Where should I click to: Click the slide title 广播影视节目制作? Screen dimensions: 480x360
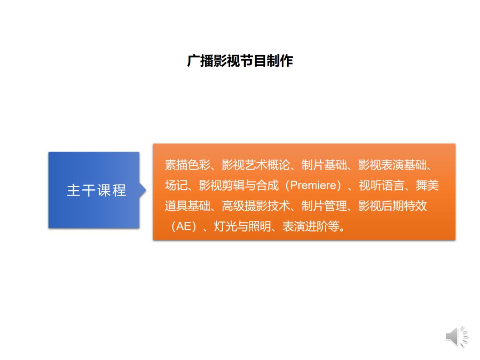click(x=240, y=60)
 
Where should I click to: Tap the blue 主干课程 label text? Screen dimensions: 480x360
click(x=96, y=190)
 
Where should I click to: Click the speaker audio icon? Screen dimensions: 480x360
click(x=457, y=337)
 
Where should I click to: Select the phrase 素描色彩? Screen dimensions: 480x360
click(x=188, y=165)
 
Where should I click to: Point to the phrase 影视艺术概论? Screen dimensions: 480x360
click(x=256, y=165)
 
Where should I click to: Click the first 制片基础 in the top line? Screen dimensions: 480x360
click(x=324, y=165)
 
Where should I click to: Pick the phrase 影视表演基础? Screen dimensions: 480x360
click(x=392, y=165)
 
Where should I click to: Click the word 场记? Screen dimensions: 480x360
click(x=176, y=185)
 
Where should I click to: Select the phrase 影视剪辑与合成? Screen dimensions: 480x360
click(x=239, y=185)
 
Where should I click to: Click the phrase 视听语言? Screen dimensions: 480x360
click(x=381, y=185)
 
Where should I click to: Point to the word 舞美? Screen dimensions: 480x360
click(x=428, y=185)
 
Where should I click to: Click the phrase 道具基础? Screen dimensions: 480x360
click(x=188, y=206)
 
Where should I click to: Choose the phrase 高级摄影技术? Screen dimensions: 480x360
click(x=256, y=206)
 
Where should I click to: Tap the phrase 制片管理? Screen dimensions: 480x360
click(x=324, y=206)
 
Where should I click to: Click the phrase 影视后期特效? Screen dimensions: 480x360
click(x=392, y=206)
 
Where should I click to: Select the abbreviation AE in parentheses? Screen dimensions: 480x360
click(x=184, y=227)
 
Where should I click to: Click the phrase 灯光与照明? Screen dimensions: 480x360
click(x=242, y=227)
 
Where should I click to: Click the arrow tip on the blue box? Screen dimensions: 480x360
click(x=146, y=190)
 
